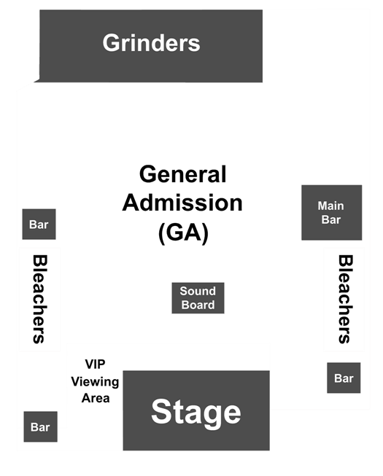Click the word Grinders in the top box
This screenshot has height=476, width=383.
151,43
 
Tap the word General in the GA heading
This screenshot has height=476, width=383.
183,174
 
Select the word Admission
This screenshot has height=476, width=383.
182,203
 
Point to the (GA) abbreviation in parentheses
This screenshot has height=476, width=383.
183,233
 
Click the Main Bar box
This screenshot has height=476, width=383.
331,213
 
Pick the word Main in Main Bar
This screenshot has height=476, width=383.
330,206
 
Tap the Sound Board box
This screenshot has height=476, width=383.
198,298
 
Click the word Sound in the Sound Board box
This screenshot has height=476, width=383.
198,291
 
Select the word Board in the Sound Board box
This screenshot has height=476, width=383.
198,305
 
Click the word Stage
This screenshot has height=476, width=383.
196,413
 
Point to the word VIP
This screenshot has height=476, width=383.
95,364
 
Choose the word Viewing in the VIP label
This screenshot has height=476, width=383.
95,381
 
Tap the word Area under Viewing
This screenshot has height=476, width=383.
96,398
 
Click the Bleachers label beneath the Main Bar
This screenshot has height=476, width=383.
345,300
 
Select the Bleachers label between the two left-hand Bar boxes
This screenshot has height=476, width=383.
39,300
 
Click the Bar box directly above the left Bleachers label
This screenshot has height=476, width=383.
39,224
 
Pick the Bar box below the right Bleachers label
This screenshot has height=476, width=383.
344,378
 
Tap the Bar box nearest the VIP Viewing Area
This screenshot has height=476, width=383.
40,427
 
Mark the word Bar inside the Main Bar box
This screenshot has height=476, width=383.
331,219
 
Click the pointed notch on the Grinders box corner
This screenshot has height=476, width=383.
34,82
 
